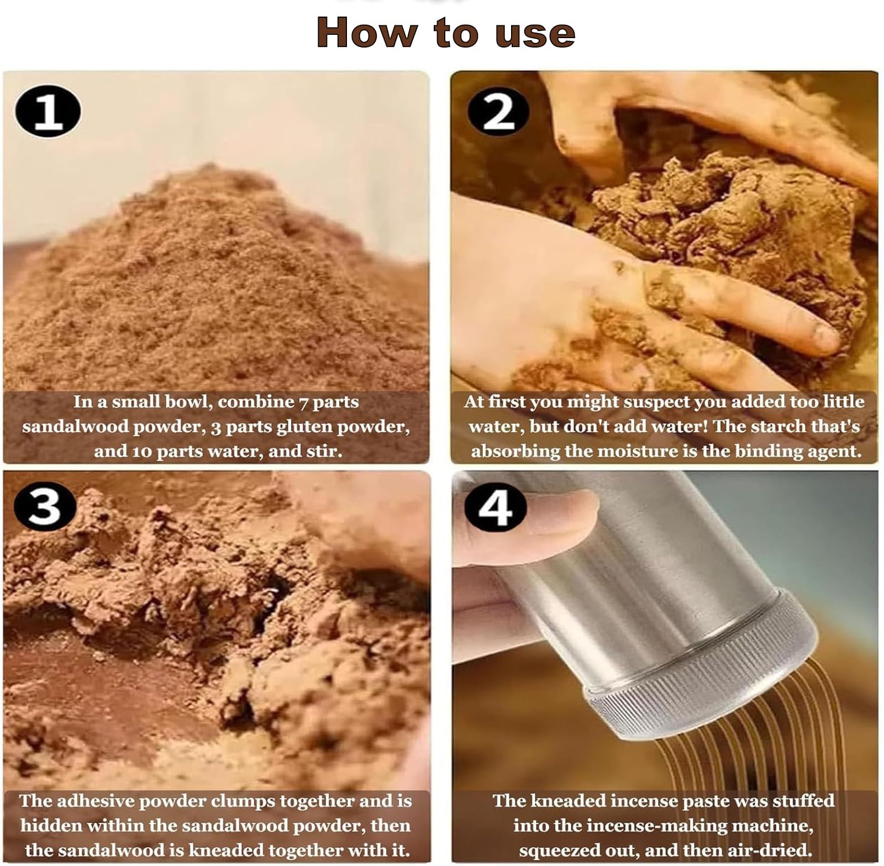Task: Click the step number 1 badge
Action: tap(48, 112)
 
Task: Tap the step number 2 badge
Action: tap(498, 112)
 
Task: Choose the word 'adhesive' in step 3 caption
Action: tap(102, 801)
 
